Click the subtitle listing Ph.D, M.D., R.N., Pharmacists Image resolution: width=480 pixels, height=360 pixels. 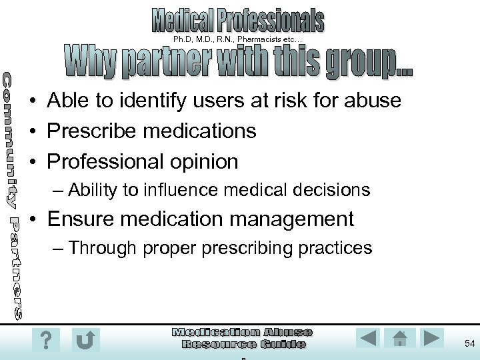pos(237,40)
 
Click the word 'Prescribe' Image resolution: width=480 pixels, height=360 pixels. pos(91,131)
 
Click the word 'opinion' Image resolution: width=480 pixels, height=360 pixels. pos(205,161)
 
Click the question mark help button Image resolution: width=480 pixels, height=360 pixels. pos(45,340)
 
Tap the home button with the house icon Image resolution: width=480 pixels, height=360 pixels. pos(400,339)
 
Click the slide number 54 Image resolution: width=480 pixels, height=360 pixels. pos(469,342)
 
